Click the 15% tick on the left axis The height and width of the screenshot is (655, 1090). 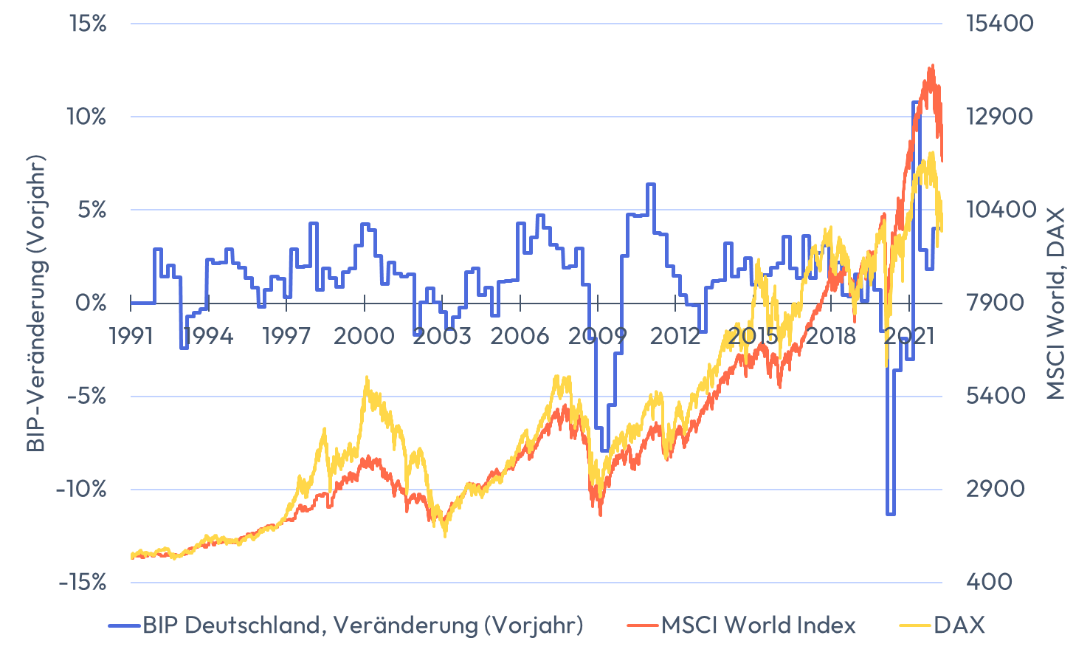88,24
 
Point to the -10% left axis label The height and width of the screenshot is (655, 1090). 81,489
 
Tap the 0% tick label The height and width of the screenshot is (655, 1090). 91,303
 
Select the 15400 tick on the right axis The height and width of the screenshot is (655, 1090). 1000,24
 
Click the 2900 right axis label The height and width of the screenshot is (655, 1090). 996,489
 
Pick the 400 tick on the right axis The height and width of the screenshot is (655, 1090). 990,582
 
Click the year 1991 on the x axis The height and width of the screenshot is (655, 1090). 131,336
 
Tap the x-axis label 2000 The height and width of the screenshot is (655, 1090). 364,336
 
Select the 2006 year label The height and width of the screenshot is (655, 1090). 520,336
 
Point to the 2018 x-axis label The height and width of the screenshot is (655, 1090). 830,336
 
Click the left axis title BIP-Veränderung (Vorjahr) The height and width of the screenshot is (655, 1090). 35,303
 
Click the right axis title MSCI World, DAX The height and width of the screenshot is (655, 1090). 1056,303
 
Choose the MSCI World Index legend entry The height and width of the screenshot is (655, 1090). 758,625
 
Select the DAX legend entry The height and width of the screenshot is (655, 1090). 959,625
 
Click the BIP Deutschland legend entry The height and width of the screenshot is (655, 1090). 362,625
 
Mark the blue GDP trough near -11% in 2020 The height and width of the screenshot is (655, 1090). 891,513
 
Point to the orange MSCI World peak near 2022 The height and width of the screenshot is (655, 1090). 932,66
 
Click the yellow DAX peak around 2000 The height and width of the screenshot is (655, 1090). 366,378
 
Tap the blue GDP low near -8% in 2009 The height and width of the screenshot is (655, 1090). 605,450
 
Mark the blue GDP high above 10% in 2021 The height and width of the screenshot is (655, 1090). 916,103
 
